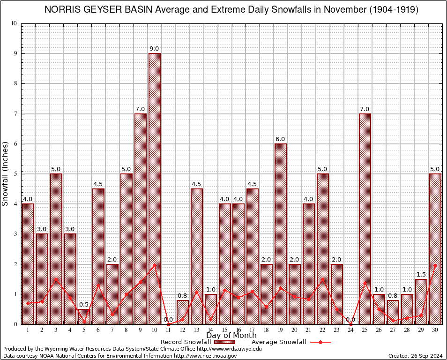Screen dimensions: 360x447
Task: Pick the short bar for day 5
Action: click(84, 316)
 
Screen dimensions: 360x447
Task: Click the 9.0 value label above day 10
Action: click(154, 49)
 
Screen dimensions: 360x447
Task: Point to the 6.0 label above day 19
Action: click(281, 139)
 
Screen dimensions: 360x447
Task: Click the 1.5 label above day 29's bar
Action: click(421, 274)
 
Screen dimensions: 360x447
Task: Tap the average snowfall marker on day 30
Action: click(435, 265)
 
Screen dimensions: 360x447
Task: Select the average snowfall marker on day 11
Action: click(168, 324)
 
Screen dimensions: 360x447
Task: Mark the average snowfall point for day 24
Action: click(351, 324)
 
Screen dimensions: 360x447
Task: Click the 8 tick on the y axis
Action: click(15, 83)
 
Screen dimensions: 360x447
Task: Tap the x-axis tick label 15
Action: click(224, 330)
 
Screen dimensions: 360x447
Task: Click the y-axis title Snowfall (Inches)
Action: click(6, 173)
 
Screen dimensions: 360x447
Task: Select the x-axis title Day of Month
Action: click(231, 336)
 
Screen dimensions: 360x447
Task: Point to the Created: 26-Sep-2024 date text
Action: click(416, 356)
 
